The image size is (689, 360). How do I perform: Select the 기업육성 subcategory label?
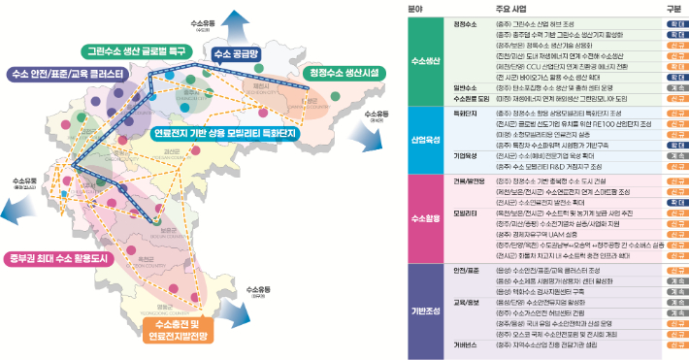(x=467, y=154)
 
